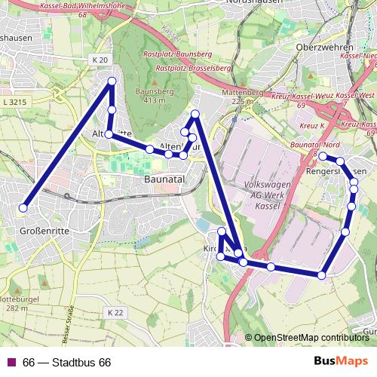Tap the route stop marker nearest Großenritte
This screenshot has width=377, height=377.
point(23,208)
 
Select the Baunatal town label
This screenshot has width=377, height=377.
point(165,181)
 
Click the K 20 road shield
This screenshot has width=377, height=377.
point(100,60)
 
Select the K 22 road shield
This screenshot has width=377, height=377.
point(115,311)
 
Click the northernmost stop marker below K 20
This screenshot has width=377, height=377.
point(112,81)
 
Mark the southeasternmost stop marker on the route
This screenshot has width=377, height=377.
point(322,276)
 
